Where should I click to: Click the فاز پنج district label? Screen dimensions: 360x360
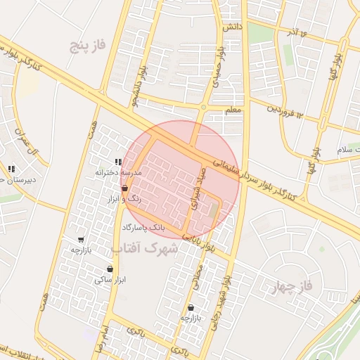88,47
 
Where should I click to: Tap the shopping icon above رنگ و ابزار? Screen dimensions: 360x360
124,188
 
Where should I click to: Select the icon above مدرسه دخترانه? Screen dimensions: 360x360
117,162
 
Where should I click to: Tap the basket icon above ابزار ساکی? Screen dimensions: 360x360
110,269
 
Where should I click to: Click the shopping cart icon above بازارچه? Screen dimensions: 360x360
81,239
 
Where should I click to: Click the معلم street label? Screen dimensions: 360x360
233,110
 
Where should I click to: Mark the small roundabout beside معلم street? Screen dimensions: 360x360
204,108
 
